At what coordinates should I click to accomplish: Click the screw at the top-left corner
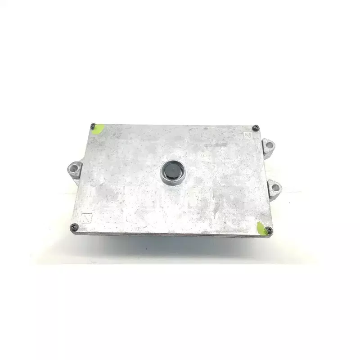tap(93, 126)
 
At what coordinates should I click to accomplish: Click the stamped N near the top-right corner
tap(247, 135)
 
